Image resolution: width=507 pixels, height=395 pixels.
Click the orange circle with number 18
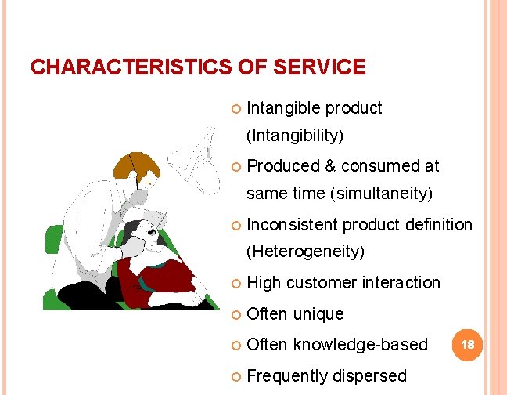click(x=468, y=344)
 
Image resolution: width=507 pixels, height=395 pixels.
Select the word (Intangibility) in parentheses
click(x=295, y=136)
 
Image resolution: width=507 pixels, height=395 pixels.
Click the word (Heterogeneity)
click(x=306, y=252)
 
